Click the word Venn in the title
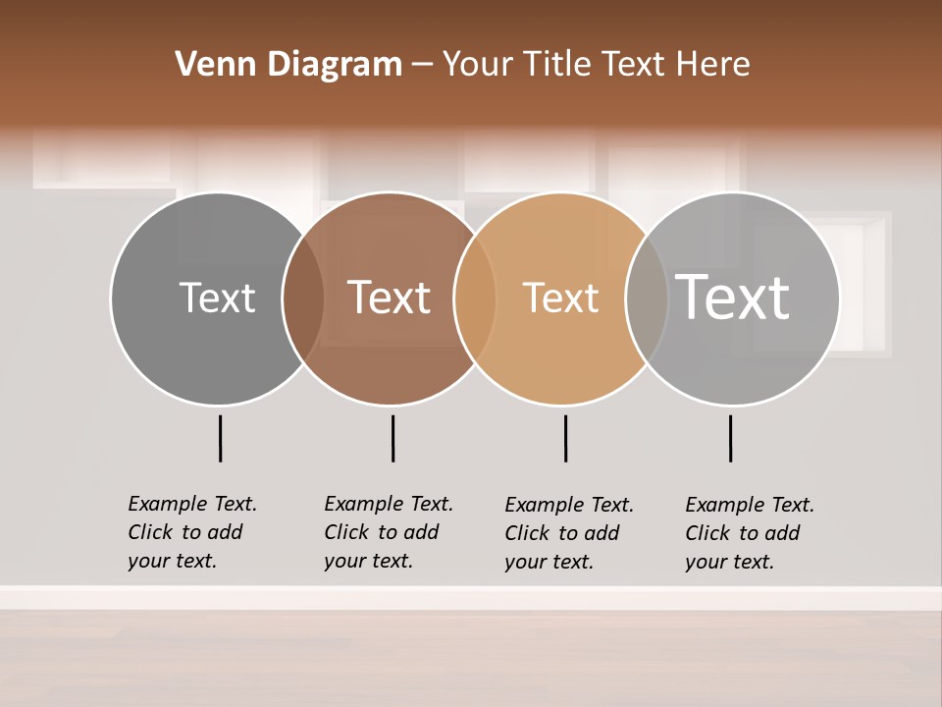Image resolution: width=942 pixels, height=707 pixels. tap(204, 65)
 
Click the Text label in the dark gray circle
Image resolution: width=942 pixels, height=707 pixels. tap(217, 298)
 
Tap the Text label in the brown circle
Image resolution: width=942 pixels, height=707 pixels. tap(390, 298)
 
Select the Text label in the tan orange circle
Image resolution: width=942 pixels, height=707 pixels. tap(560, 299)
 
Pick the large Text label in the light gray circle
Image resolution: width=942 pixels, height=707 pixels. tap(733, 298)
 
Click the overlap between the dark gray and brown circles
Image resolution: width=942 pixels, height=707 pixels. tap(303, 299)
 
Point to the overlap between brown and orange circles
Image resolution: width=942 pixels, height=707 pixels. tap(475, 299)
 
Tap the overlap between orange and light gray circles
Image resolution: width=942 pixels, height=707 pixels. tap(647, 299)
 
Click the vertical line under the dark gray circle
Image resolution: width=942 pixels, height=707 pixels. tap(220, 438)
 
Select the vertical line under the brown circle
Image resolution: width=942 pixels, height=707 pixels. tap(392, 438)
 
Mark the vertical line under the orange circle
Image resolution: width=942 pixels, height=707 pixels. tap(565, 438)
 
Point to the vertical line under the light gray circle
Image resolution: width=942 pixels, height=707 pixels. tap(730, 438)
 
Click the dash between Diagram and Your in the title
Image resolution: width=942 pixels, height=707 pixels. tap(422, 66)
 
